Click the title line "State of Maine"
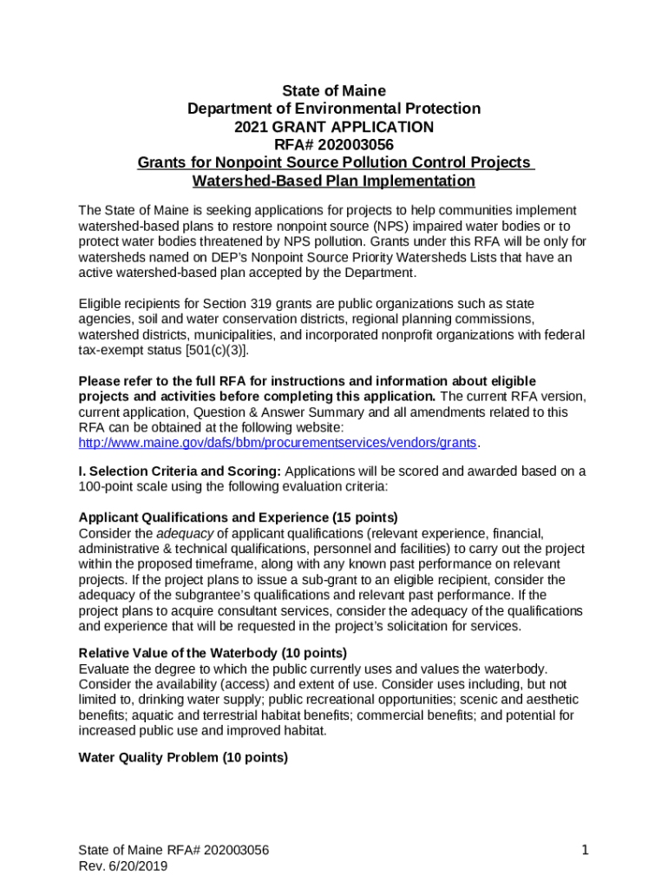[x=334, y=91]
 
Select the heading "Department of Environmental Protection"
[x=334, y=109]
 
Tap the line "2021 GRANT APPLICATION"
[x=334, y=128]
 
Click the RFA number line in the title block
[x=334, y=145]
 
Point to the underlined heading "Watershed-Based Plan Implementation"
[x=334, y=181]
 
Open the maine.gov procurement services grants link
[x=278, y=443]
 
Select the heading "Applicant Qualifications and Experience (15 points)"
[x=239, y=517]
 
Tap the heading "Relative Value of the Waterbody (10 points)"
[x=213, y=653]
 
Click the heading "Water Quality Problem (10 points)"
[x=183, y=758]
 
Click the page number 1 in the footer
[x=586, y=851]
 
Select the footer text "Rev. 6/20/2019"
[x=122, y=866]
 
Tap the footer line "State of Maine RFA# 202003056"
[x=174, y=851]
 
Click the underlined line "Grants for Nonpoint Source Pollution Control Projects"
[x=334, y=163]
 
